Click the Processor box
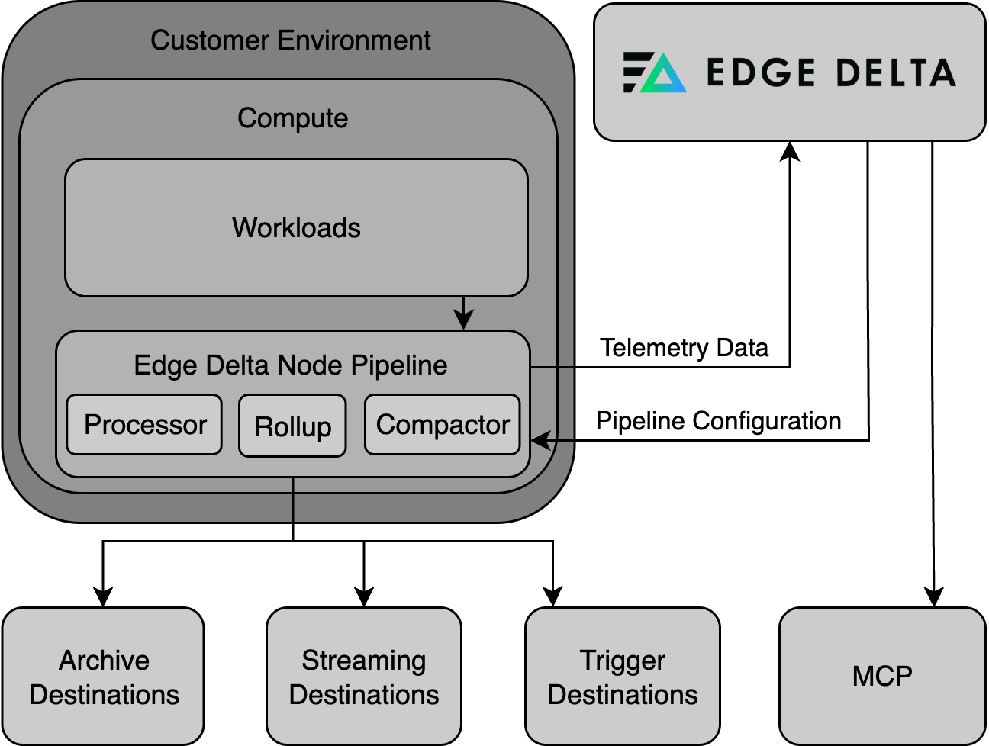point(144,425)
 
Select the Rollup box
point(292,426)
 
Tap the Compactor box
point(443,425)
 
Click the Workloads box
point(296,227)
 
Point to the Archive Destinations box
point(103,677)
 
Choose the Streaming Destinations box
point(364,677)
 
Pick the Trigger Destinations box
point(623,677)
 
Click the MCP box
point(882,677)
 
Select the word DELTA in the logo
point(896,73)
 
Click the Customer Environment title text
point(290,40)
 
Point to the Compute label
point(292,118)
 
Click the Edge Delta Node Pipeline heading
point(290,365)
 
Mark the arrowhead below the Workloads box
point(463,320)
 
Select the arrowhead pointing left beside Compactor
point(540,441)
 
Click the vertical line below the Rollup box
point(293,500)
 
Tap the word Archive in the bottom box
point(104,660)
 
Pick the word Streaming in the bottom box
point(364,660)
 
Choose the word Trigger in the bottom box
point(623,660)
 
